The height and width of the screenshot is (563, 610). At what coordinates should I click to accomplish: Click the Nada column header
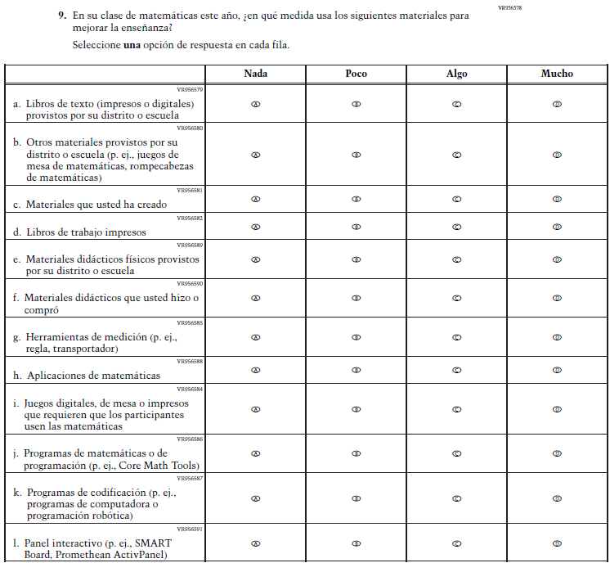click(x=255, y=74)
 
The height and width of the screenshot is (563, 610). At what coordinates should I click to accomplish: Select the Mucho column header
click(x=557, y=74)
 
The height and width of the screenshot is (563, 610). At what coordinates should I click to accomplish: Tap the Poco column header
click(x=356, y=74)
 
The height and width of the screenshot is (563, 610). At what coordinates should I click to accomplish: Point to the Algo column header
click(x=456, y=74)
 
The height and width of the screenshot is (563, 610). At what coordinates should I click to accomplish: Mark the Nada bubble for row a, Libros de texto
click(x=255, y=105)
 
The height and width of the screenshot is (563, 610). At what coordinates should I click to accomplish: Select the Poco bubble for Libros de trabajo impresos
click(x=356, y=227)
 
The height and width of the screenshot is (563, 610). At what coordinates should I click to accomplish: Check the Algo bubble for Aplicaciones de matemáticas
click(x=456, y=370)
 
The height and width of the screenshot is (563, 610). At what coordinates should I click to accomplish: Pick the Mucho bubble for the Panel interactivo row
click(x=557, y=543)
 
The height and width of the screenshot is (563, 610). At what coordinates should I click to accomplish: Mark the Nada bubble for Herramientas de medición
click(x=255, y=337)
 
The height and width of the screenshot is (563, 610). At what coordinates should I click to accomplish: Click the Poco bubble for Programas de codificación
click(x=356, y=498)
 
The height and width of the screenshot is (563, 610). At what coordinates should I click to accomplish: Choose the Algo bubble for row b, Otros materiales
click(x=456, y=155)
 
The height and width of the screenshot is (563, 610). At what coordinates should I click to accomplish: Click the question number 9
click(x=62, y=16)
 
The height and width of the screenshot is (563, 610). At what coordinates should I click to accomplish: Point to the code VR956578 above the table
click(x=509, y=7)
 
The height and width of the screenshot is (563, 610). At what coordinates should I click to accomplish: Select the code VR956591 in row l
click(x=191, y=529)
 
